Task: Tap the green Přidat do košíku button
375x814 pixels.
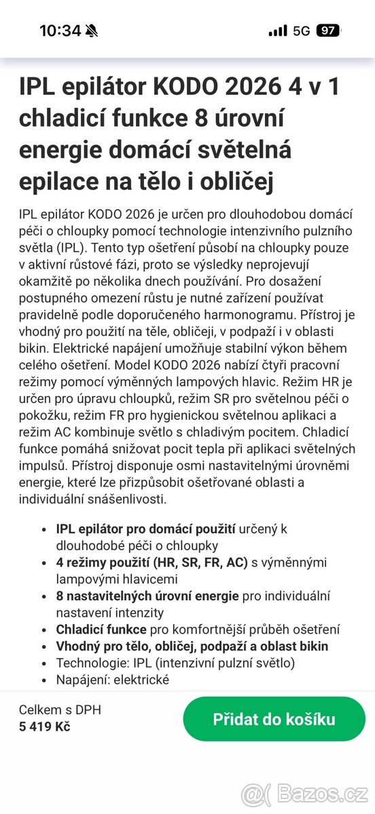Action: click(274, 719)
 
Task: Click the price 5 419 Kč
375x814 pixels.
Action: click(44, 727)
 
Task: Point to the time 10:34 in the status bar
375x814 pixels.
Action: click(60, 31)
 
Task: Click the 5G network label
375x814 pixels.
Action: click(301, 31)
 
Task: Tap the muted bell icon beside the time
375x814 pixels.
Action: click(92, 31)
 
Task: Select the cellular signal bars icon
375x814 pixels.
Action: click(277, 31)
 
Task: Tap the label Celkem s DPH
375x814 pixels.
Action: click(60, 710)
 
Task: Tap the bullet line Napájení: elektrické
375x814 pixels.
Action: click(113, 679)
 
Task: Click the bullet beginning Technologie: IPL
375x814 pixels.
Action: click(175, 663)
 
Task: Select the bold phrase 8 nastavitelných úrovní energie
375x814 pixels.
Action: click(147, 596)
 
